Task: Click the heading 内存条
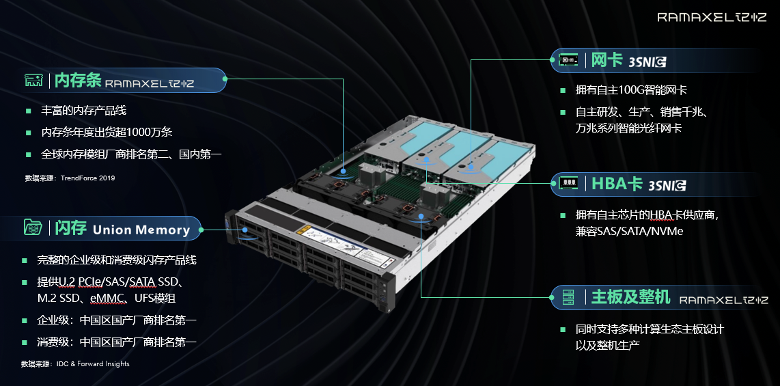tap(78, 80)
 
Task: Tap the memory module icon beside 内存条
tap(34, 81)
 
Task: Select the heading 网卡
tap(607, 60)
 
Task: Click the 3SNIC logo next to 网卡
tap(647, 62)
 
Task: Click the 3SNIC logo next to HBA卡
tap(667, 186)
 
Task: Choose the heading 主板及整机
tap(631, 297)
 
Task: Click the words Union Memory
tap(141, 230)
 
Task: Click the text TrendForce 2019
tap(87, 178)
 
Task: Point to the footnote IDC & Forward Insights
tap(93, 363)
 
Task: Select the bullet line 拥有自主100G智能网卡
tap(631, 90)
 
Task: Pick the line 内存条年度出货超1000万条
tap(107, 133)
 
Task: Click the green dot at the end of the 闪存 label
tap(201, 230)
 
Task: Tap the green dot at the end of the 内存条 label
tap(225, 79)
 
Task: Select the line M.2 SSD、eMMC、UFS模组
tap(106, 299)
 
